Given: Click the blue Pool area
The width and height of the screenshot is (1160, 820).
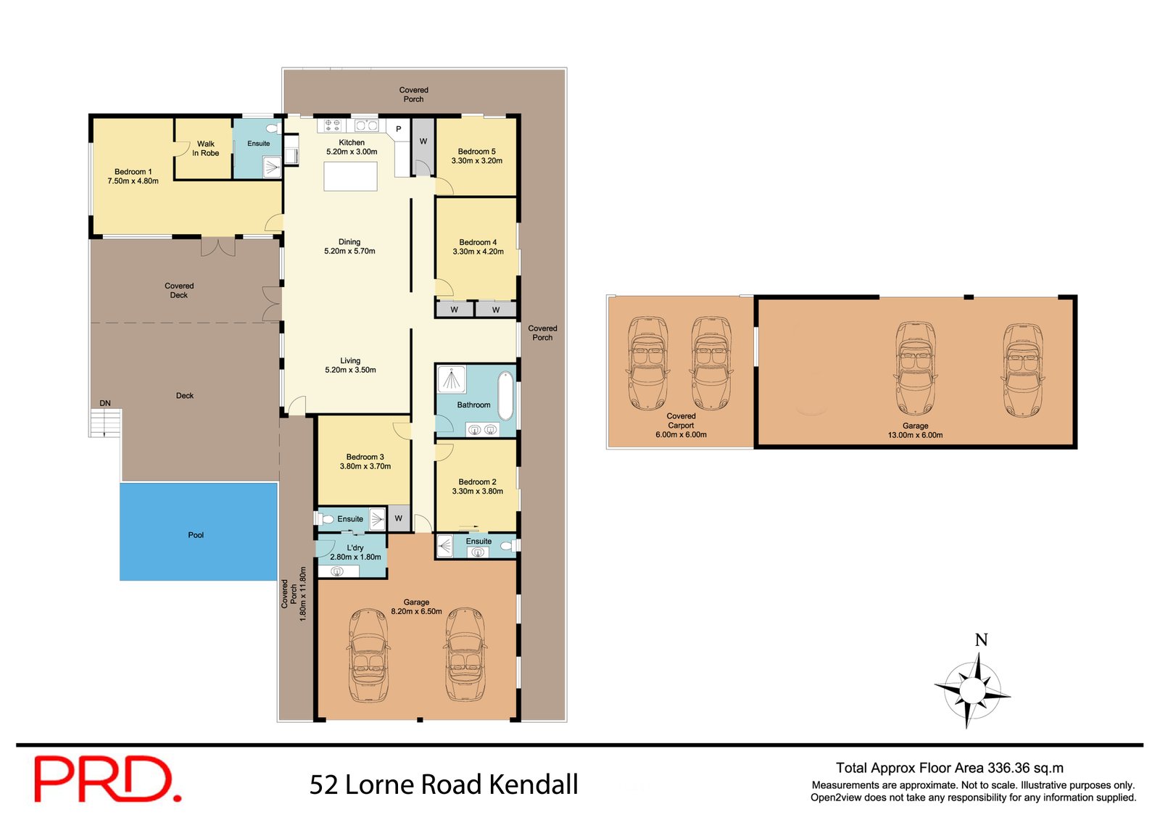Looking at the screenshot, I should [x=198, y=531].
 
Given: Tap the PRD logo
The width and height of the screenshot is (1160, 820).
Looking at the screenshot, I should [x=107, y=779].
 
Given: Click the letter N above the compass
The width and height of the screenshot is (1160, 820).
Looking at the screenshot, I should [x=981, y=640].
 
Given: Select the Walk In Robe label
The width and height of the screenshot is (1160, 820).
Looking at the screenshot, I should [x=205, y=149].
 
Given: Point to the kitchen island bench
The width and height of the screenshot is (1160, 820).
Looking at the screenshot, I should [x=350, y=176].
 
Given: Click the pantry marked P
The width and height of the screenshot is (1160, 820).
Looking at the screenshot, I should [x=398, y=129].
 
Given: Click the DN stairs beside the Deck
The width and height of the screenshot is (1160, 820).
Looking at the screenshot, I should [x=105, y=422].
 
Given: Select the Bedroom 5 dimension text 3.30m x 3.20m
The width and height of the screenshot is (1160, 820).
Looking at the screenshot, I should [x=476, y=161].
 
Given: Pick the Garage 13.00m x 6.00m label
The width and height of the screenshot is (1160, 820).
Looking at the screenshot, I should [x=915, y=431].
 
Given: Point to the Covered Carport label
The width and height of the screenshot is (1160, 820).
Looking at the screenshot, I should [x=681, y=421].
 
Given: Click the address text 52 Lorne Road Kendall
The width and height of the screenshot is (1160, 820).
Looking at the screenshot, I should [x=444, y=784].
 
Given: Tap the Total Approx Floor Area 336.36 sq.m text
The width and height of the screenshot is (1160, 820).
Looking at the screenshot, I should [x=949, y=768].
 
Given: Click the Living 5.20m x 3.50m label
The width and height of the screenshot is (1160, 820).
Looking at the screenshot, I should [x=350, y=365].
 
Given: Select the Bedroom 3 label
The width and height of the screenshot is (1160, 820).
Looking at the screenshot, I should [x=365, y=457].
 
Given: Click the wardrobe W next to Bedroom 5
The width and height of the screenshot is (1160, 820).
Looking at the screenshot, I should [x=423, y=141].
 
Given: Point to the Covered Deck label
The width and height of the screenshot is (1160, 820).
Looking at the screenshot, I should [x=179, y=290].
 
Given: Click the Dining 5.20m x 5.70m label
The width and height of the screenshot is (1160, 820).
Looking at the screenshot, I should [x=349, y=247].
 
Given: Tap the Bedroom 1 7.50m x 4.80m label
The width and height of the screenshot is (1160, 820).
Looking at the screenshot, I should [x=133, y=176].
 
